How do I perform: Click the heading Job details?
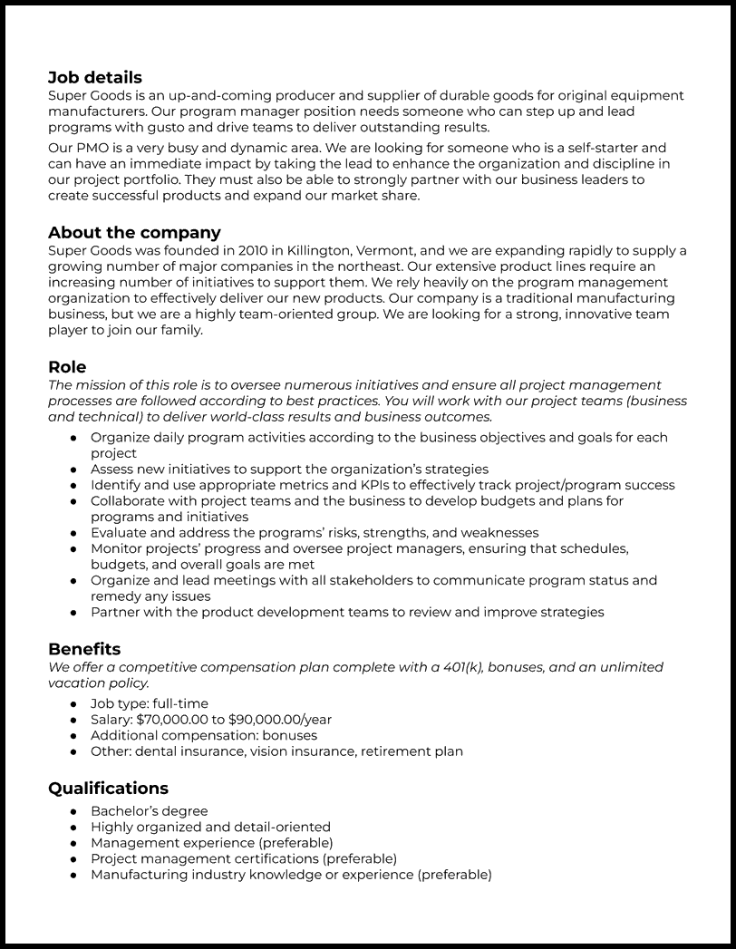click(x=94, y=78)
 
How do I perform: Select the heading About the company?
click(x=134, y=233)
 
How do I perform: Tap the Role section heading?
click(x=67, y=367)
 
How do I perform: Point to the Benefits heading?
click(x=84, y=649)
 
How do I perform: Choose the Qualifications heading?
click(x=108, y=789)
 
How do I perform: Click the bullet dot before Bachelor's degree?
click(x=73, y=811)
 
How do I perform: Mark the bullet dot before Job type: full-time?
click(x=73, y=704)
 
